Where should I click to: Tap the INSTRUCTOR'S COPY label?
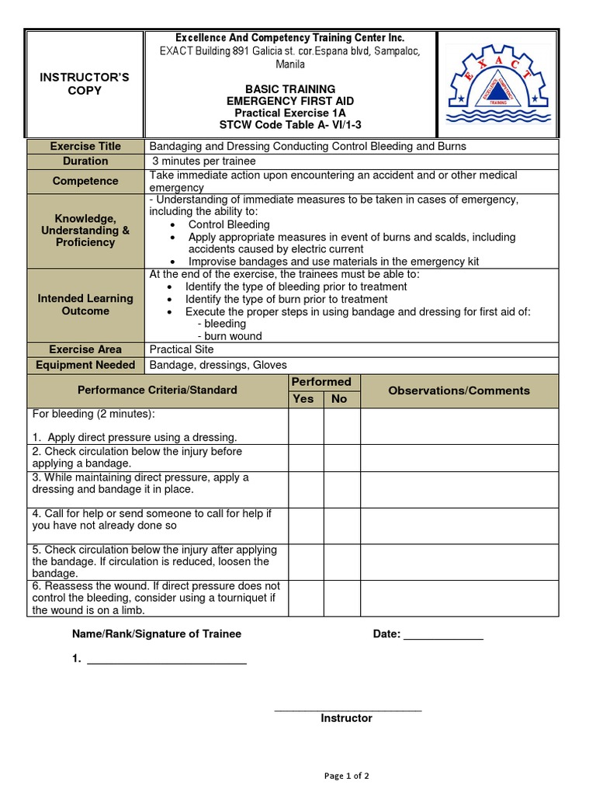[85, 84]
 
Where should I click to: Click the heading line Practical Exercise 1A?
[290, 113]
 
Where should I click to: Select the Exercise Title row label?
[85, 146]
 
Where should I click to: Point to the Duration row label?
[85, 161]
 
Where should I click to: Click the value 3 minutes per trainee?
[203, 161]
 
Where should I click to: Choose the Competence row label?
[85, 181]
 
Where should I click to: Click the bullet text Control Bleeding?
[229, 224]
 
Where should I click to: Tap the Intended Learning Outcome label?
[85, 304]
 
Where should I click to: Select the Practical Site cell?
[181, 349]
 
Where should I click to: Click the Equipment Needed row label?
[85, 365]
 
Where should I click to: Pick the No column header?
[340, 398]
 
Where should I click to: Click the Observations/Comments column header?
[459, 391]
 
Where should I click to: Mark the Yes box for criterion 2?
[306, 457]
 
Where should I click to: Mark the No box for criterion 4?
[341, 526]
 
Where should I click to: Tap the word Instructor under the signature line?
[346, 718]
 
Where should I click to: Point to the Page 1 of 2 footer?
[346, 775]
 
